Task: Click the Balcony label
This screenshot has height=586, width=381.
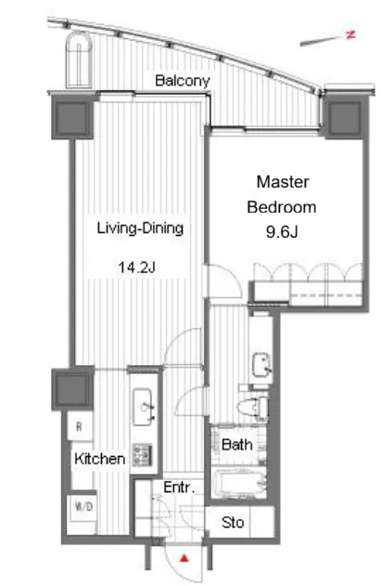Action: coord(182,81)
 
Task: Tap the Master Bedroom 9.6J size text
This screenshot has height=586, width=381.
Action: coord(282,232)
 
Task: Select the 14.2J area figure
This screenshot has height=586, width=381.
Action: coord(136,267)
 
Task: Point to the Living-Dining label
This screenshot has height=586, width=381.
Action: coord(140,228)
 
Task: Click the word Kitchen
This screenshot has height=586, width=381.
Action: coord(99,459)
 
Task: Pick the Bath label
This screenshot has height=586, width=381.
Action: coord(237,444)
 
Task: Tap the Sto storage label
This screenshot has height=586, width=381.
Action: coord(233,522)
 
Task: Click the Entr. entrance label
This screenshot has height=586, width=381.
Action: coord(179,488)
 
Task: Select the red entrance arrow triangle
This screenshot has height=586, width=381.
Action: coord(184,559)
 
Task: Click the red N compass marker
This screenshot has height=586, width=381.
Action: coord(350,34)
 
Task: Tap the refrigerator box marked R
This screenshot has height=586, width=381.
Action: coord(80,426)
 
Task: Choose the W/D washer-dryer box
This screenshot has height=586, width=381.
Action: coord(83,507)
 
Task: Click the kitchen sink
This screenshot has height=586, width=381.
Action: coord(143,407)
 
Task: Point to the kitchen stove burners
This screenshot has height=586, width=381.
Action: coord(143,455)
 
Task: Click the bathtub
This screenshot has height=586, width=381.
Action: coord(239,484)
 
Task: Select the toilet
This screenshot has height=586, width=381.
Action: coord(252,408)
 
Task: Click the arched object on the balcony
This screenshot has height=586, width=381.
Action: coord(79,59)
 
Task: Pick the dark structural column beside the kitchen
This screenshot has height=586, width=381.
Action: coord(72,388)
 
